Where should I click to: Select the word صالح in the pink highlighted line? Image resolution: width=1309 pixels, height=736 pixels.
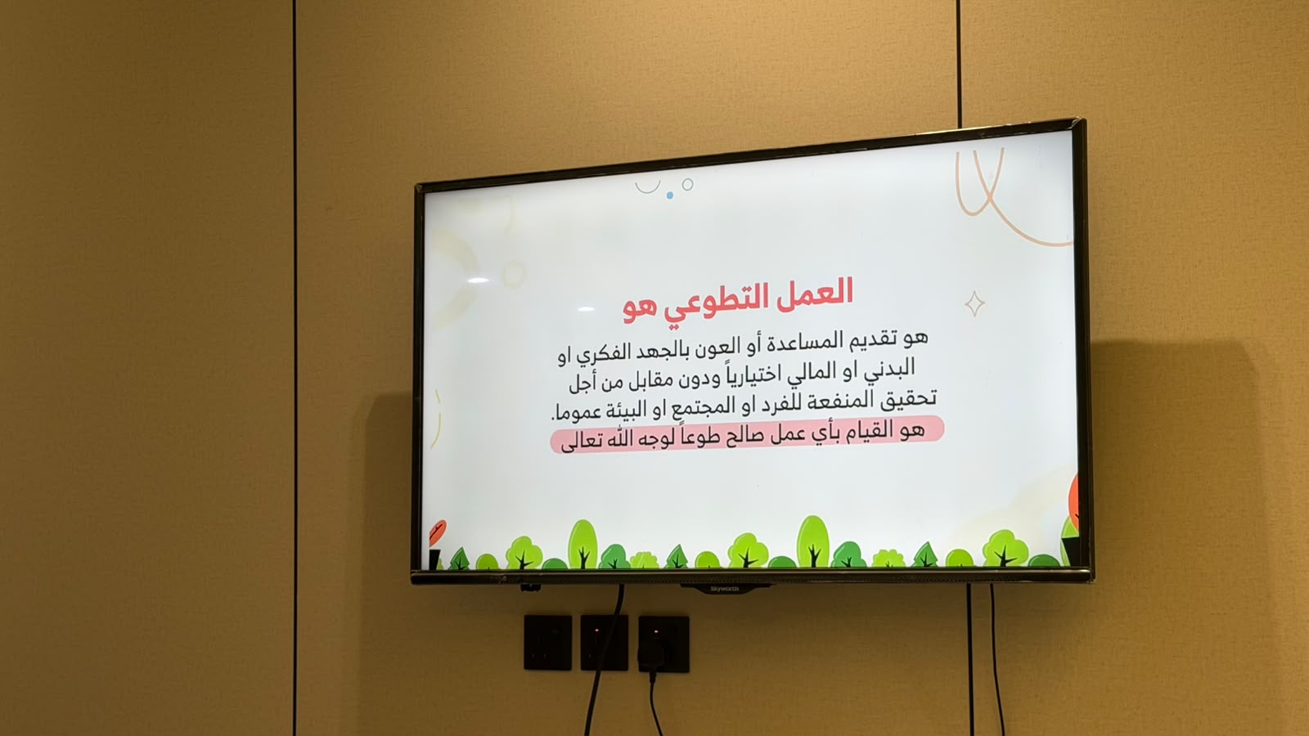(746, 435)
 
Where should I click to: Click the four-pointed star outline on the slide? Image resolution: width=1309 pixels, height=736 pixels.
(974, 303)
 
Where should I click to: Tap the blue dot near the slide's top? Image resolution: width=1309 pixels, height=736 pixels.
(670, 195)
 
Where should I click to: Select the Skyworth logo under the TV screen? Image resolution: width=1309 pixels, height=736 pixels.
(725, 589)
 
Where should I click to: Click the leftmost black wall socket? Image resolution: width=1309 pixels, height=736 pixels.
(547, 642)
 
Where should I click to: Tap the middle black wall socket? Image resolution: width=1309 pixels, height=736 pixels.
(605, 642)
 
